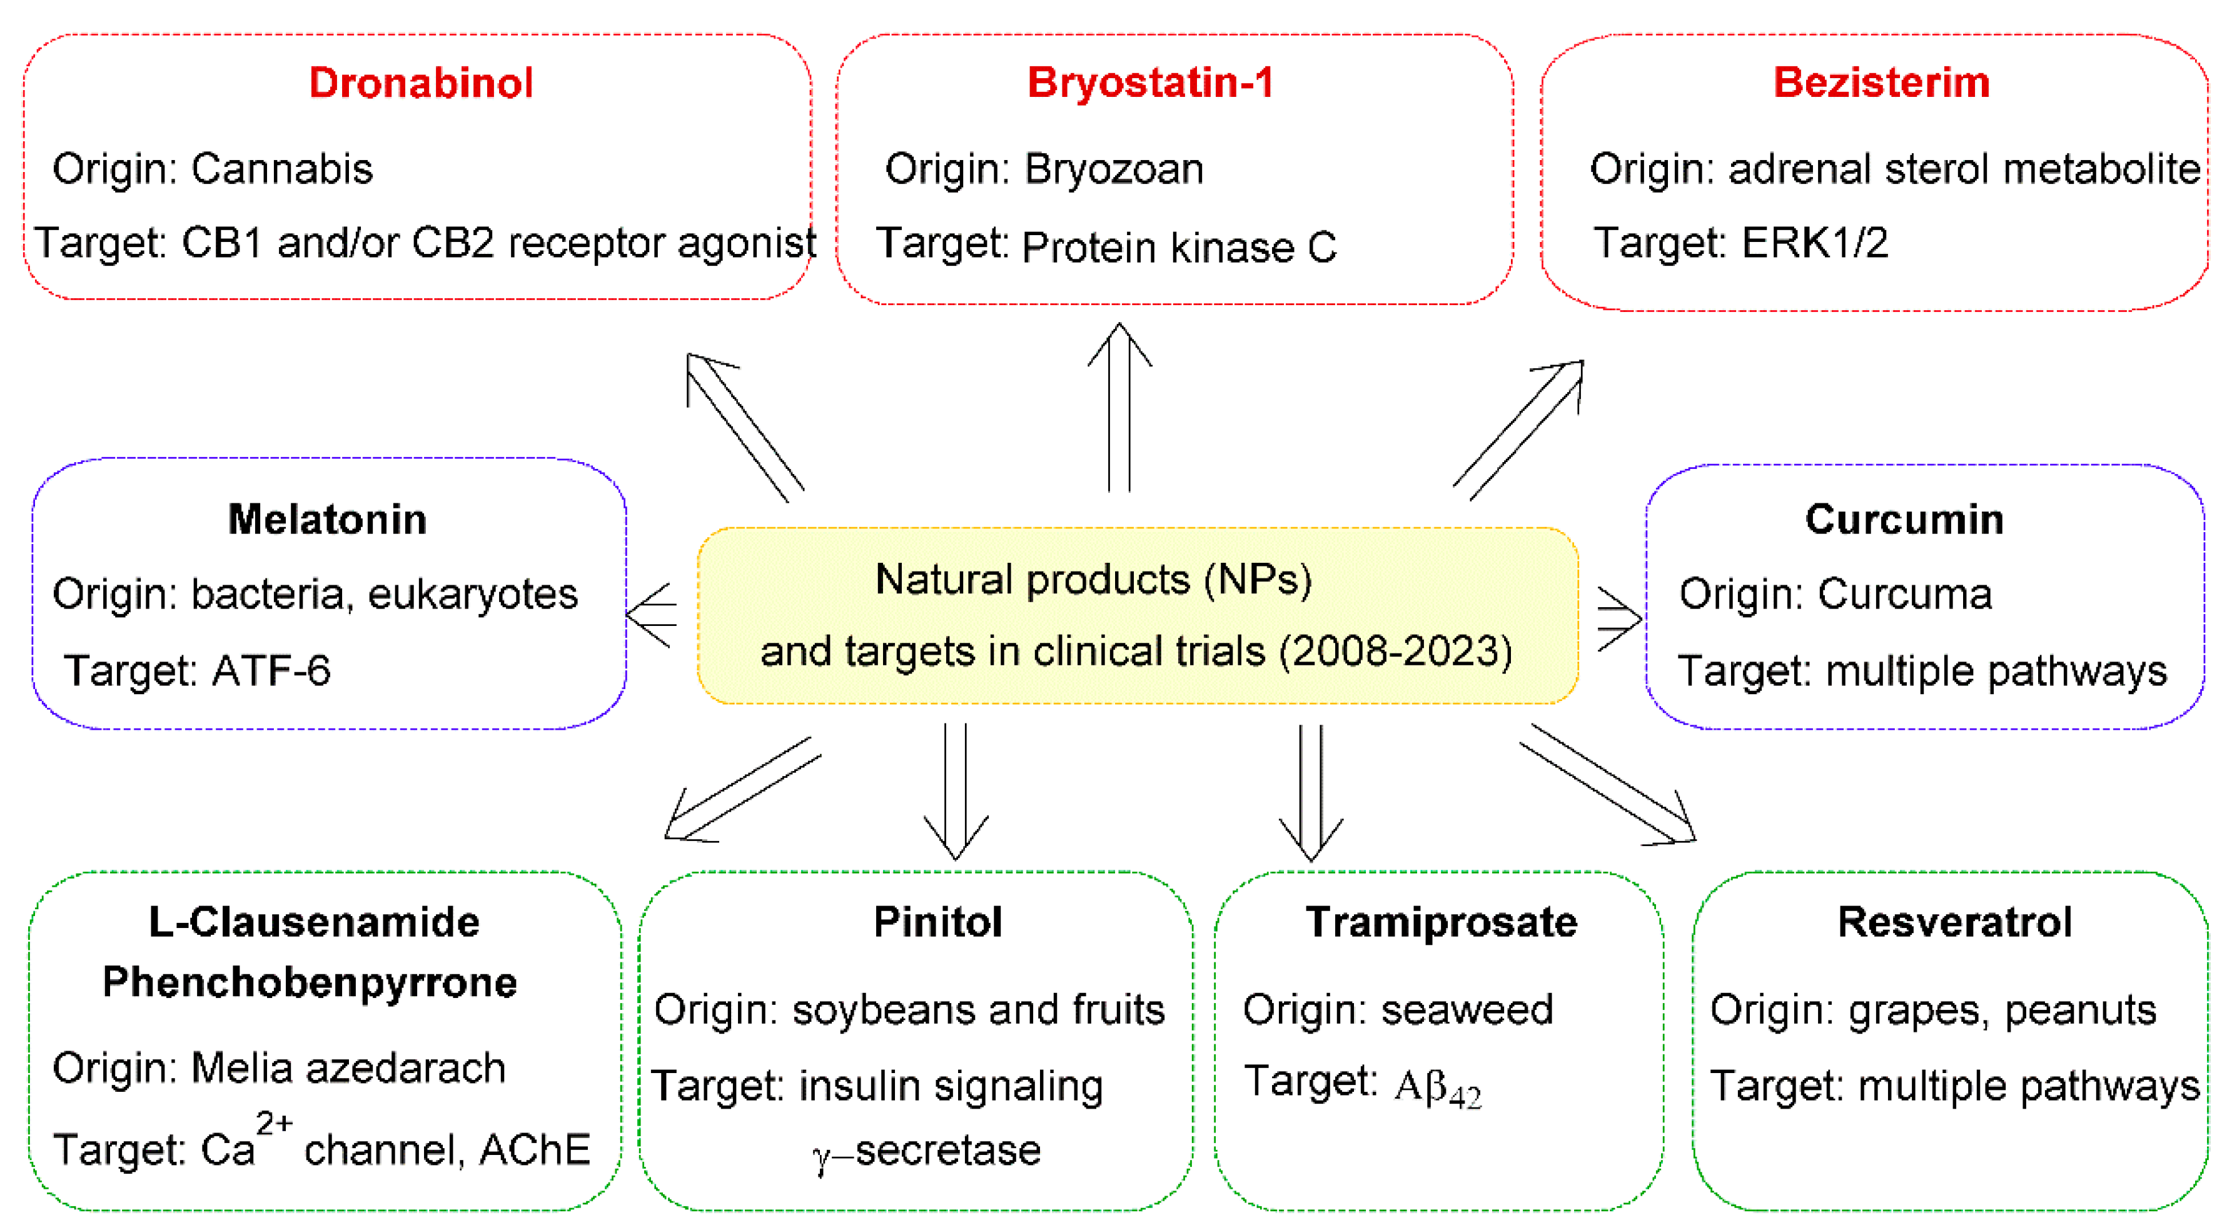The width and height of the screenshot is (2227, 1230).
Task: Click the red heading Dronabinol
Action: (x=420, y=83)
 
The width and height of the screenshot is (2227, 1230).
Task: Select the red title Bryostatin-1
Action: (x=1150, y=83)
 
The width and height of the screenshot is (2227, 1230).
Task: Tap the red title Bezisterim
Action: (x=1881, y=83)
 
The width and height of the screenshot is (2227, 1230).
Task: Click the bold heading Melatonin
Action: (x=327, y=520)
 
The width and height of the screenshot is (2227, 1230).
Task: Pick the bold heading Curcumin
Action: (x=1904, y=520)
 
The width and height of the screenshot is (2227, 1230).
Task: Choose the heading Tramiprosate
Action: (x=1441, y=922)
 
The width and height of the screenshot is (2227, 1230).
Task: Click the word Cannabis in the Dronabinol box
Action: (x=282, y=169)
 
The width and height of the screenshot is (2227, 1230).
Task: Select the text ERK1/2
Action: (x=1814, y=243)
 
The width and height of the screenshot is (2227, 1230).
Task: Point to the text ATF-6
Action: (x=271, y=671)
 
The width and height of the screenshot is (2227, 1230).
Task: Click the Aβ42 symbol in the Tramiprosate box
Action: (x=1438, y=1087)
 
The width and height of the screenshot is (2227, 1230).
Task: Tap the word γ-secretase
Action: (x=927, y=1151)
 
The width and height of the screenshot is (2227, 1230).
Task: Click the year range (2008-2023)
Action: (x=1395, y=651)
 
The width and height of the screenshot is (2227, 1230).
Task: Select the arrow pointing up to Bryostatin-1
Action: (x=1119, y=406)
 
